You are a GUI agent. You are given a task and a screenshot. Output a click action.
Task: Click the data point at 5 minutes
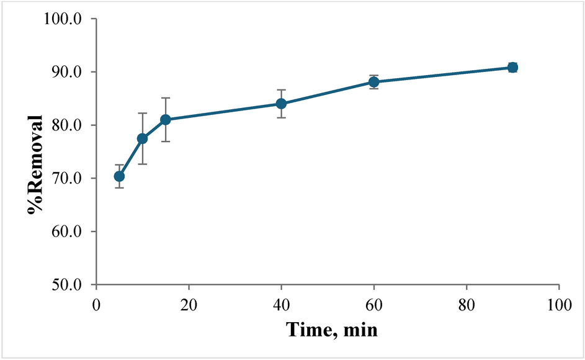pyautogui.click(x=119, y=176)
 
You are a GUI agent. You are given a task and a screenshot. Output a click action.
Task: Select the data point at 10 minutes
pyautogui.click(x=142, y=138)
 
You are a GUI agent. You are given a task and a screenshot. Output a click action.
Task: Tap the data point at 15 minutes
pyautogui.click(x=166, y=119)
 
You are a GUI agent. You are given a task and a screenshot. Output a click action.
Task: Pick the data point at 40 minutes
pyautogui.click(x=281, y=104)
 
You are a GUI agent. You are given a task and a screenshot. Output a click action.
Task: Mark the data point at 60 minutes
pyautogui.click(x=374, y=82)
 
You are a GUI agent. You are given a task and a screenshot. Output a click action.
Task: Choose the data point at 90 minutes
pyautogui.click(x=512, y=67)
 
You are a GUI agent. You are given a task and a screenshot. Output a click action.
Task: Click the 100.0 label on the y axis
pyautogui.click(x=69, y=19)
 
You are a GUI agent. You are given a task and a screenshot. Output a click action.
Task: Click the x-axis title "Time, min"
pyautogui.click(x=331, y=328)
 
